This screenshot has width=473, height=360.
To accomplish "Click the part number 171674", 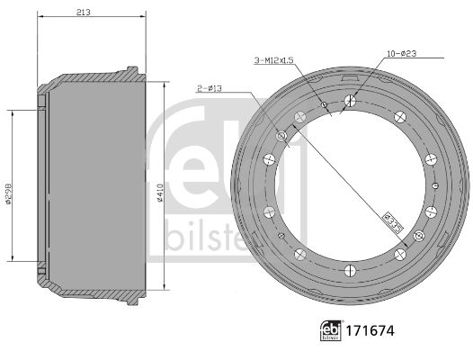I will [x=371, y=331].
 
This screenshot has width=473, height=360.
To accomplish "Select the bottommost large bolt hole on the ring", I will [x=347, y=268].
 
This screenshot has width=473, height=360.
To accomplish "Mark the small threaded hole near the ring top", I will [x=323, y=105].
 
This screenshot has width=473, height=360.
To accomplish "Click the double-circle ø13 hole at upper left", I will [x=281, y=136].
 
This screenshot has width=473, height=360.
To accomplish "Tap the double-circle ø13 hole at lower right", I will [x=417, y=236].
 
